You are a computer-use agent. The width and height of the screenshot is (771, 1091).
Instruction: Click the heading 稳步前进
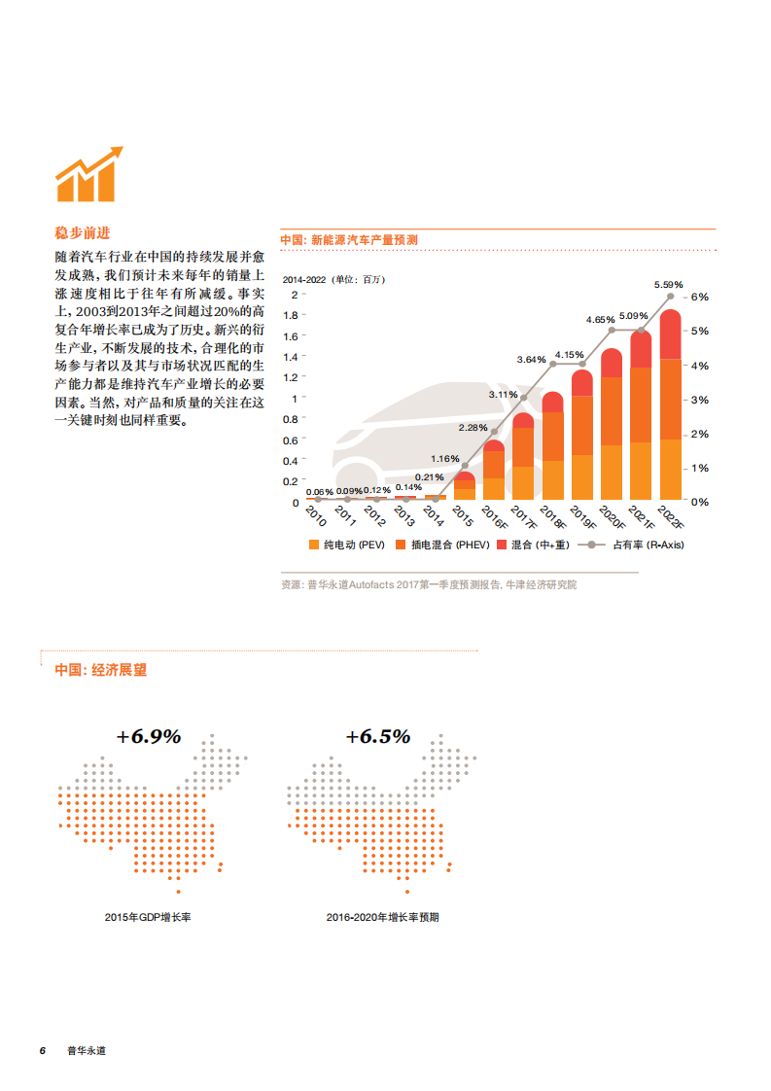83,233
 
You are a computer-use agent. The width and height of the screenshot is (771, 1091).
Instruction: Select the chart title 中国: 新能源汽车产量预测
349,239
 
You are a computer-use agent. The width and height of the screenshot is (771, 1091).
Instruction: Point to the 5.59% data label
669,285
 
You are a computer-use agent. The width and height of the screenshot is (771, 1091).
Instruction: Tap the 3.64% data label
532,359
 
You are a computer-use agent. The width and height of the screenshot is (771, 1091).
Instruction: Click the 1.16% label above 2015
444,458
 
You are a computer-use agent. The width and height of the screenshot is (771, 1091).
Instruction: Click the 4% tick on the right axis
699,366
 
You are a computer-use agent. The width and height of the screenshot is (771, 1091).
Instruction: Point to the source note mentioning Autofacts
428,584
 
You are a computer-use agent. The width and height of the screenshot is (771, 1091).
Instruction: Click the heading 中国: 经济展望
101,670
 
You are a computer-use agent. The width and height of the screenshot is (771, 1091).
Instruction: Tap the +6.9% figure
149,736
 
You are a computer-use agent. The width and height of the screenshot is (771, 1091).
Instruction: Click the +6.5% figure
378,736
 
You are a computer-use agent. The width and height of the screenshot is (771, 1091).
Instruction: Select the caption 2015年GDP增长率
148,917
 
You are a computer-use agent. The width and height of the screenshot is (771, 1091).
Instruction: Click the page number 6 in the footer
42,1051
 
